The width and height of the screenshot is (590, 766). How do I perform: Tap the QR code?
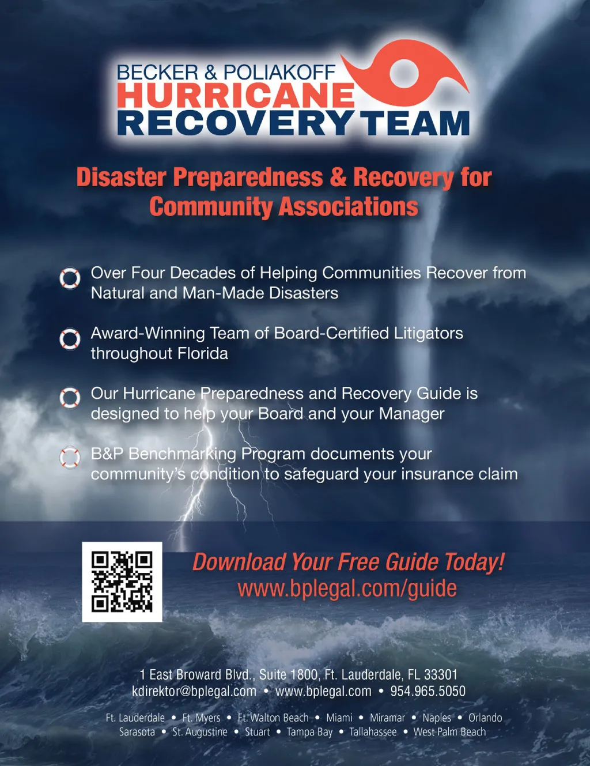point(122,582)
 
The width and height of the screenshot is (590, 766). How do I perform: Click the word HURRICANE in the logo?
point(236,96)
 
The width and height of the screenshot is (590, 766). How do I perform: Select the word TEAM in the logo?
point(418,123)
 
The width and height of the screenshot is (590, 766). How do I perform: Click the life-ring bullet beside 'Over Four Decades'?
point(70,278)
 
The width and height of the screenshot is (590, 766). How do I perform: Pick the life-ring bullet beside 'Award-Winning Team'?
point(70,339)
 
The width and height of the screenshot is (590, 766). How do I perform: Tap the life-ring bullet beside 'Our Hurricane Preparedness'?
point(70,398)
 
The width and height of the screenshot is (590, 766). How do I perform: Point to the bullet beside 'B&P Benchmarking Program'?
point(70,458)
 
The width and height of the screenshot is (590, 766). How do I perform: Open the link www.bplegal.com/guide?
point(347,588)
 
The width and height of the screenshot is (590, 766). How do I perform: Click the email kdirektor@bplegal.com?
point(194,691)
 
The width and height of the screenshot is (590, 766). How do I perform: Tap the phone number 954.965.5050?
point(428,691)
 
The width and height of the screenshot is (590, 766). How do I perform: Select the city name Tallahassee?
point(373,732)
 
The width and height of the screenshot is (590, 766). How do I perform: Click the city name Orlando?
point(485,718)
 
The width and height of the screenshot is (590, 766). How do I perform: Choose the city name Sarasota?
point(137,732)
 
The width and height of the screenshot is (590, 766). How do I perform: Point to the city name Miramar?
point(387,718)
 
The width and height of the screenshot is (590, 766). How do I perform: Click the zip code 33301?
point(441,675)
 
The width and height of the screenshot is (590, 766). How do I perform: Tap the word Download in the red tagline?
point(239,562)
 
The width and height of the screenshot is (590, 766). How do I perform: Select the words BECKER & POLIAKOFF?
point(226,73)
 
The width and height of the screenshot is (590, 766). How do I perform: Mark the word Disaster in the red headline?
point(122,178)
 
